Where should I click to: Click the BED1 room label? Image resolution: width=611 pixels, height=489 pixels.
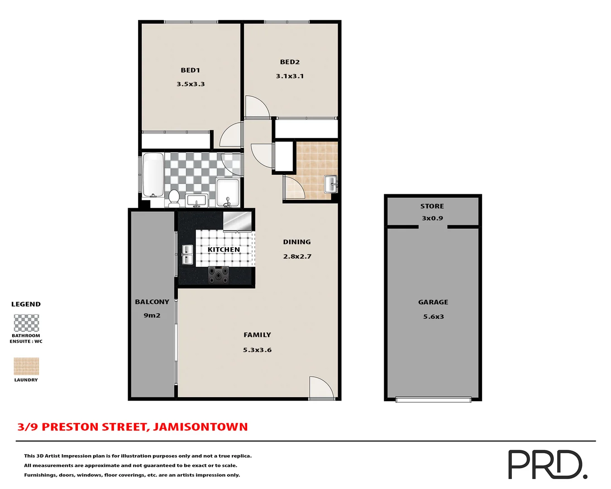190,70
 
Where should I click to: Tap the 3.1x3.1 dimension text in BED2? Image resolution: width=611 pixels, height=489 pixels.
290,76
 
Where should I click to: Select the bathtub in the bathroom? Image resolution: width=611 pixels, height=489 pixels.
153,175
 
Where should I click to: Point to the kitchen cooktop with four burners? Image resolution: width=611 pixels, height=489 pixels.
218,275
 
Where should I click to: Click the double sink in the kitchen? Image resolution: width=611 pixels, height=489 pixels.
187,254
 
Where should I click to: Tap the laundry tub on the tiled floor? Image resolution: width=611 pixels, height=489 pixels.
331,184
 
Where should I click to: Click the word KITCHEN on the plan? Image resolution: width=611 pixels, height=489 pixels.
224,249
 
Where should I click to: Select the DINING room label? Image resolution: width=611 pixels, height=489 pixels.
297,242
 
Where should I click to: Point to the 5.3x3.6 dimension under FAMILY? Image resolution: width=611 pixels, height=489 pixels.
257,350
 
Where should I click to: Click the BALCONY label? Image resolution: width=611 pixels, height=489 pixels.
152,302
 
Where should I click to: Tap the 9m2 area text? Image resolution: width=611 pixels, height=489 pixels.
152,316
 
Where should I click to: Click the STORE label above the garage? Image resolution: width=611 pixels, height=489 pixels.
432,206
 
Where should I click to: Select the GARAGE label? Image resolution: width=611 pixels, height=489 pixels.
433,302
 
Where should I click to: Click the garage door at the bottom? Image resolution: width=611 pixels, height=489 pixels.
433,399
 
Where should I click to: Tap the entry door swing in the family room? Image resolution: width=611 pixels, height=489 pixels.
320,388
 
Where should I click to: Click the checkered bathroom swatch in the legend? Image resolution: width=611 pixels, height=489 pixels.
26,323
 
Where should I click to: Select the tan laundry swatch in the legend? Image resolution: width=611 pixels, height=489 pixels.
26,366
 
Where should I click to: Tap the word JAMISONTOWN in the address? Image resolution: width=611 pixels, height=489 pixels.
200,427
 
